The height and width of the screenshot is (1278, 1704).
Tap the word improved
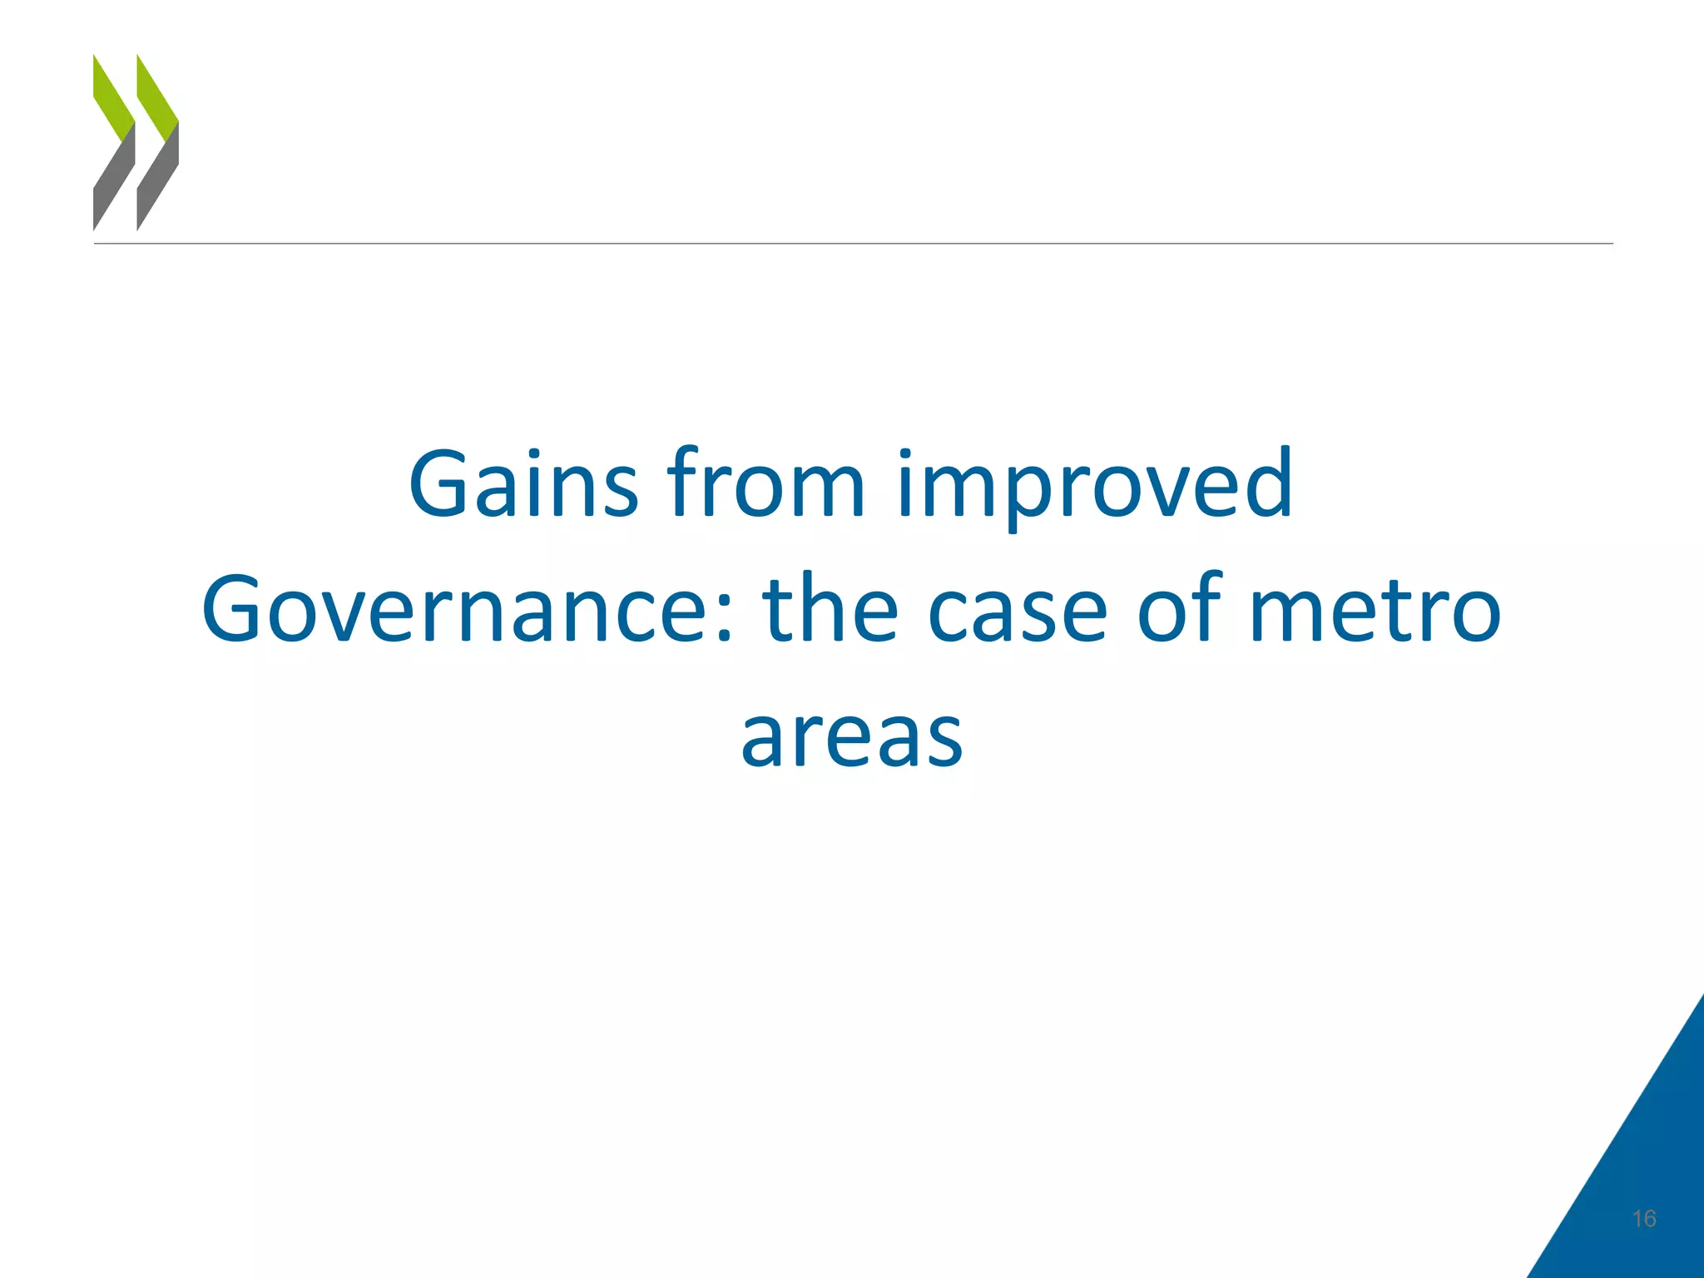pos(1095,487)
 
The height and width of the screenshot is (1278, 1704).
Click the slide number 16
pos(1644,1219)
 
